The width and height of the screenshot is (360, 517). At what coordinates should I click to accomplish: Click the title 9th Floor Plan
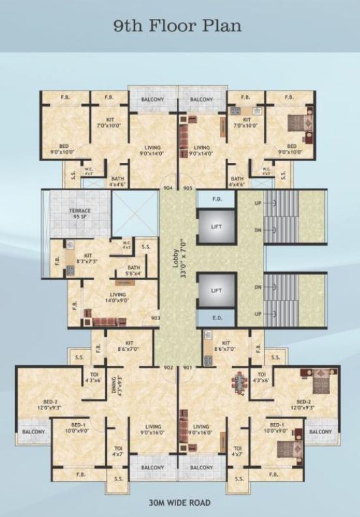click(177, 27)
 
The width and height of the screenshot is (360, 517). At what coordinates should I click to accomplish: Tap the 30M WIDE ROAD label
click(179, 503)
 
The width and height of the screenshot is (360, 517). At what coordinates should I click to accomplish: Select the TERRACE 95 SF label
click(80, 214)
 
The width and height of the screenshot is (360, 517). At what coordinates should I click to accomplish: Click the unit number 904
click(168, 188)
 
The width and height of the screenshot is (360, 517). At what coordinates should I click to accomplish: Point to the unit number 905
click(188, 188)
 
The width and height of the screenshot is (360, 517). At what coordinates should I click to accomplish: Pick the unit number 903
click(155, 318)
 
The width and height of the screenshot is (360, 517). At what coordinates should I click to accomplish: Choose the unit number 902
click(168, 368)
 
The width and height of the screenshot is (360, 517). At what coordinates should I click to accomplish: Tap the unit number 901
click(188, 368)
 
